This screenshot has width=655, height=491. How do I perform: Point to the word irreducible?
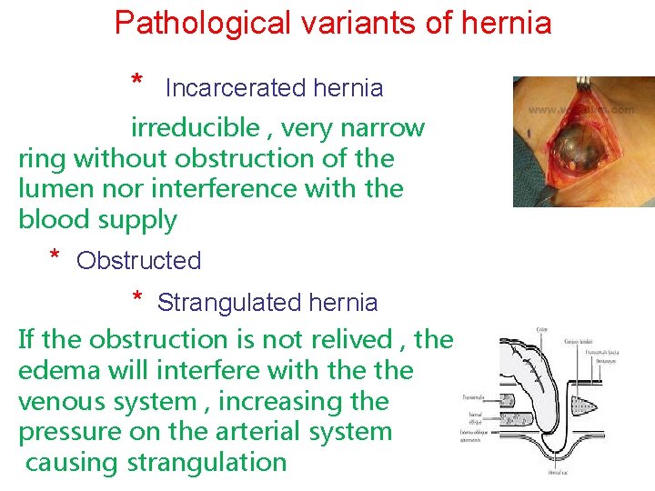pos(195,127)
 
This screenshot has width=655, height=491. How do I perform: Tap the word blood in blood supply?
pos(53,220)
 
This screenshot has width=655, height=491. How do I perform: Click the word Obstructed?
pos(138,261)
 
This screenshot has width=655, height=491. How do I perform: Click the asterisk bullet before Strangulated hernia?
pos(136,298)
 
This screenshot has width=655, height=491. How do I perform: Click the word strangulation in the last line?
pos(207,463)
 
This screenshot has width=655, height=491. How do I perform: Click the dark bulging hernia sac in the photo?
pos(575,148)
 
